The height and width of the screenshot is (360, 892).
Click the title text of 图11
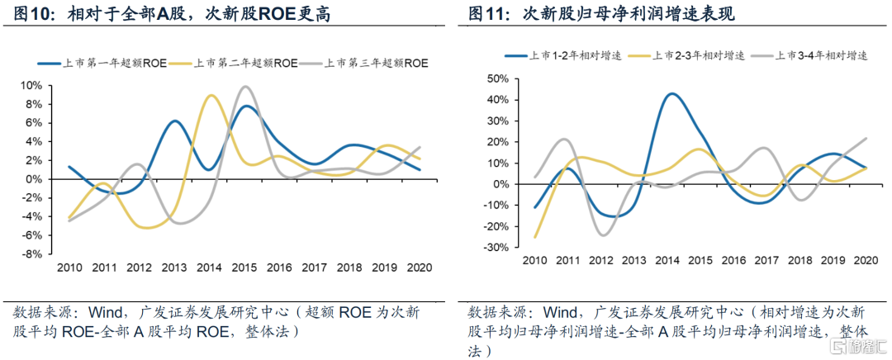tap(601, 14)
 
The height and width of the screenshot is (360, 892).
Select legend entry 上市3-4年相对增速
tap(823, 55)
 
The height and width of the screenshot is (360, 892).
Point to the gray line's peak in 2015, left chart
tap(244, 87)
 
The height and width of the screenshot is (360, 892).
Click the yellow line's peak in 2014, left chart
tap(211, 96)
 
